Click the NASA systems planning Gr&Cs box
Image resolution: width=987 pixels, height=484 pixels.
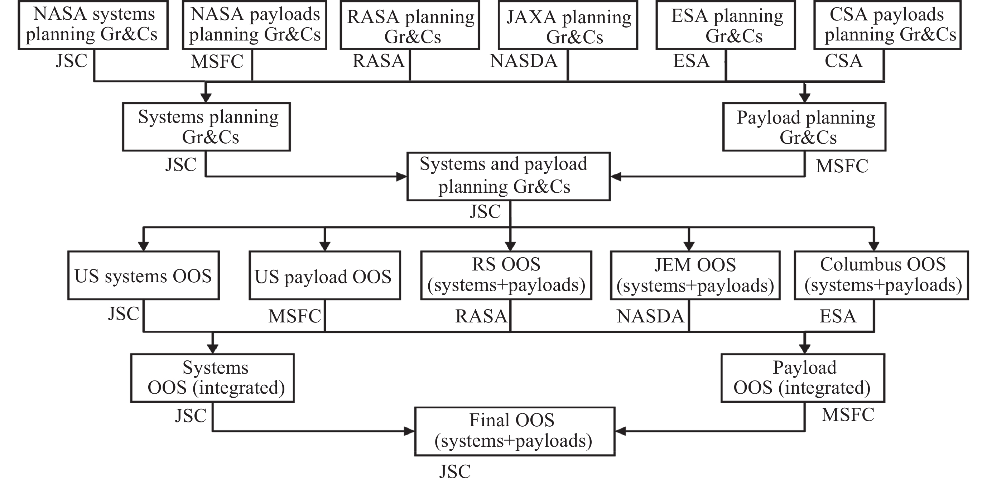click(93, 25)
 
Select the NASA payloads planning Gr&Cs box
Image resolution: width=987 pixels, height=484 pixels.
click(254, 25)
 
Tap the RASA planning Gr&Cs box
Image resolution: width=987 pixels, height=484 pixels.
click(410, 25)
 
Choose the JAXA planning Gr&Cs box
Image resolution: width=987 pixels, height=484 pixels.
click(568, 25)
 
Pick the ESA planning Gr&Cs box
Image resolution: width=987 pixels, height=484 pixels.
click(726, 25)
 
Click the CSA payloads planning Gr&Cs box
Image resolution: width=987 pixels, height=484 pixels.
click(887, 25)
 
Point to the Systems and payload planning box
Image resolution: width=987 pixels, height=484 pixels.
click(509, 176)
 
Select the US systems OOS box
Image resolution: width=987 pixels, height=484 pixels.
click(143, 275)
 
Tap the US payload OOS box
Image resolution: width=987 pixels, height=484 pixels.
click(324, 275)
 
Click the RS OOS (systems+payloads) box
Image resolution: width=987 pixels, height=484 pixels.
click(506, 275)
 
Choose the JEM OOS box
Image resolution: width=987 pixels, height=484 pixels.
click(695, 275)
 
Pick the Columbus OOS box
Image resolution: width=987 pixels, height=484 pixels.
click(881, 275)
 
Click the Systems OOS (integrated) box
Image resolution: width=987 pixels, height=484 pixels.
click(212, 378)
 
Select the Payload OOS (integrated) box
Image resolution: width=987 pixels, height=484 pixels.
click(803, 378)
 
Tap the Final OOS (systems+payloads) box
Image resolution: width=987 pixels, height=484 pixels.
click(515, 431)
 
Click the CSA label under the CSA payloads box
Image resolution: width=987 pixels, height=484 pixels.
click(844, 61)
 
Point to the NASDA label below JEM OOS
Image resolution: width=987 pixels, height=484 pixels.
click(650, 316)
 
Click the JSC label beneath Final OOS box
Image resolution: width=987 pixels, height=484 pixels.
click(455, 471)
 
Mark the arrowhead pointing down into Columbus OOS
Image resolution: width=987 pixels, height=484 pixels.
click(874, 246)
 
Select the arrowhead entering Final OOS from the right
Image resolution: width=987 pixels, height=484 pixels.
click(620, 431)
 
